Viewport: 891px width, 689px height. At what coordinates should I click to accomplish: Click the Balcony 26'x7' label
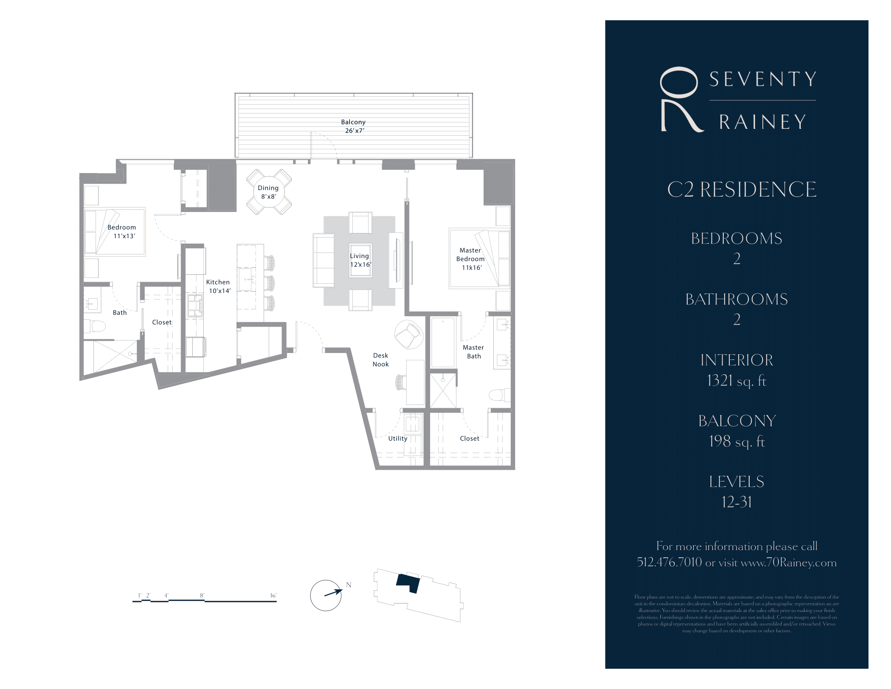point(353,126)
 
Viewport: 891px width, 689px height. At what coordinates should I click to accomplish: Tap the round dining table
point(269,192)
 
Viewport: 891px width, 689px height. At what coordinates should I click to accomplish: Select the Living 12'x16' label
point(360,260)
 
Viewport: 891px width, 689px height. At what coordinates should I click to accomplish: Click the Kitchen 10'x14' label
point(219,286)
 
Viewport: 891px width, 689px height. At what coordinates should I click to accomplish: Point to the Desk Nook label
point(380,359)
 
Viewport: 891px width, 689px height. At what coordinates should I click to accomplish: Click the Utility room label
point(397,439)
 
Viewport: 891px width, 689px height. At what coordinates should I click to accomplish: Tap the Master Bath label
point(473,351)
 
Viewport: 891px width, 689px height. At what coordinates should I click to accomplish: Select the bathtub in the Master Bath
point(443,342)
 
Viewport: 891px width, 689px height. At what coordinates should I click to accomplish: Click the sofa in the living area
point(324,261)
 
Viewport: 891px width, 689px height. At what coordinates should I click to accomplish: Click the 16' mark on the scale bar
point(273,596)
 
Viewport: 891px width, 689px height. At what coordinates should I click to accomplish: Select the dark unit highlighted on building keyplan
point(408,582)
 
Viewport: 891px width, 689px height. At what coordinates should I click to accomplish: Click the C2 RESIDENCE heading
point(741,189)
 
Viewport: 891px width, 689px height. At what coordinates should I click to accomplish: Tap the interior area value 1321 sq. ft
point(736,381)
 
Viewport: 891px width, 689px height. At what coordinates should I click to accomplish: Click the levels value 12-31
point(736,502)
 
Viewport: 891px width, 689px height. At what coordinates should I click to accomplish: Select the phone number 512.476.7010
point(669,563)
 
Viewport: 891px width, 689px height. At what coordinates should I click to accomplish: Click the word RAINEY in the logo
point(762,122)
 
